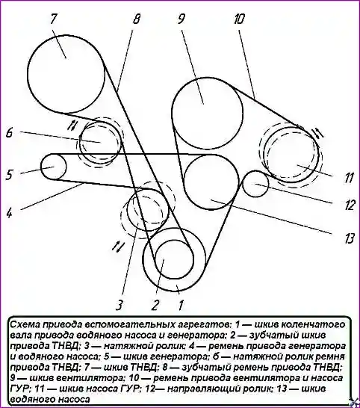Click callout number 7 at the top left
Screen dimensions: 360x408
pos(53,19)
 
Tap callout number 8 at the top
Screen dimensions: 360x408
pos(136,19)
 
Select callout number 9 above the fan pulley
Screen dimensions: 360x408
pos(181,19)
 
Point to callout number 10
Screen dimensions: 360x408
pos(239,19)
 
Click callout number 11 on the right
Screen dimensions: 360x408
pos(348,178)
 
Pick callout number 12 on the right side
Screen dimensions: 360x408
pos(349,205)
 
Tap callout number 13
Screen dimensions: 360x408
pos(349,238)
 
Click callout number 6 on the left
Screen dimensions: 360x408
pos(10,133)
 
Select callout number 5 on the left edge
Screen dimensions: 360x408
pos(9,175)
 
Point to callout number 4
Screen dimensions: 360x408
pos(9,212)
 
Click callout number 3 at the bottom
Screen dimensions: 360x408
pos(120,304)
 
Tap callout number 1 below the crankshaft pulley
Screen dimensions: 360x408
pos(181,304)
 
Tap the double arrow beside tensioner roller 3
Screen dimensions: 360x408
pos(117,246)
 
